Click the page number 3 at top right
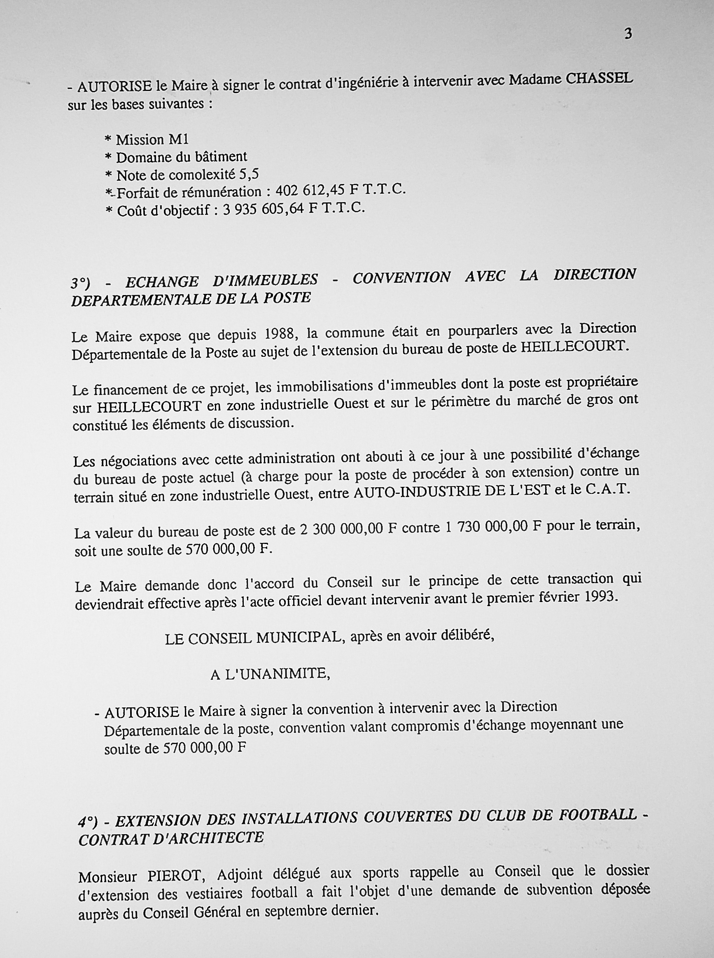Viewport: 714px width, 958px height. [x=628, y=34]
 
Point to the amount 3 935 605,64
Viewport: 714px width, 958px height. [x=264, y=209]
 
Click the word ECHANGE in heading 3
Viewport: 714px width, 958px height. [x=161, y=281]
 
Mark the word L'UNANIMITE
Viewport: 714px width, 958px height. [x=277, y=674]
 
